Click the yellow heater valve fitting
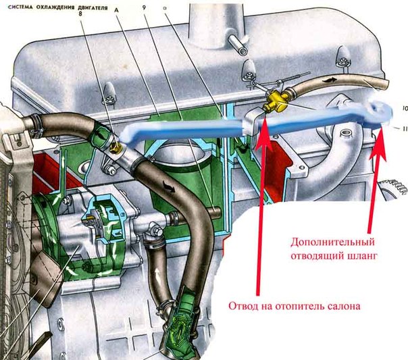276,101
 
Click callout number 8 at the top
80,14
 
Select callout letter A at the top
116,10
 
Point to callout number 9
144,8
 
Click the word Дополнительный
333,242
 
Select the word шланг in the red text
362,256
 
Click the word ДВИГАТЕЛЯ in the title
95,8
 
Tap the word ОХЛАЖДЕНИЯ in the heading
58,7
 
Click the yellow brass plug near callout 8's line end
115,149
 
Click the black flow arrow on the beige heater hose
328,79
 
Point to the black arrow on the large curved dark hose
168,187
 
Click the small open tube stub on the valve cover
238,45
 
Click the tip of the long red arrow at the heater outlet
265,118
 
